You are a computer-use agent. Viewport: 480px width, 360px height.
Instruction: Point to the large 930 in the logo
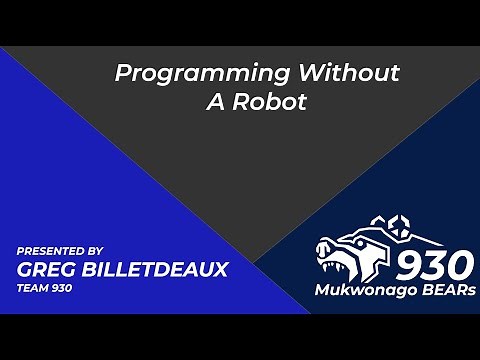(436, 264)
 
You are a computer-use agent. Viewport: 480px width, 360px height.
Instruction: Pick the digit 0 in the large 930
(460, 264)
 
